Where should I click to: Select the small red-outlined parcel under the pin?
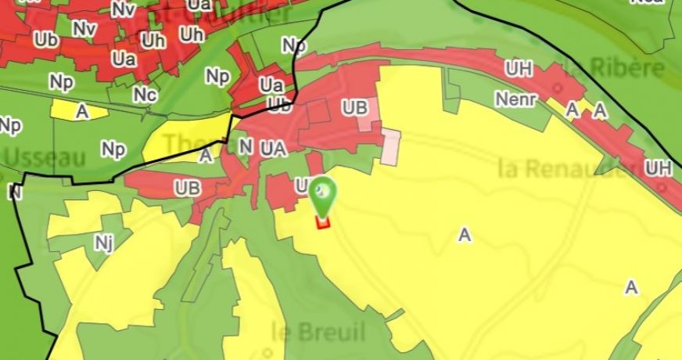pos(322,221)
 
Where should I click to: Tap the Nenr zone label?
pos(516,99)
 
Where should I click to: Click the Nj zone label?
pos(104,243)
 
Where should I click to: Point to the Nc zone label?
pos(144,95)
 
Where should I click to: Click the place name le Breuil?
pos(307,330)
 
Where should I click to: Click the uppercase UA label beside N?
pos(274,146)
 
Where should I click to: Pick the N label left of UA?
pos(246,146)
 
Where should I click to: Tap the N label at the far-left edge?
pos(13,192)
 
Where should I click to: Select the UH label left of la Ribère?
pos(519,69)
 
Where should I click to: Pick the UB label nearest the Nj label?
pos(188,188)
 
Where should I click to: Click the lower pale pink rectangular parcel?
pos(390,146)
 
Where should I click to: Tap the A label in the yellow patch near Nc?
pos(81,111)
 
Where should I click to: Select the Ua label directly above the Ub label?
pos(271,85)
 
